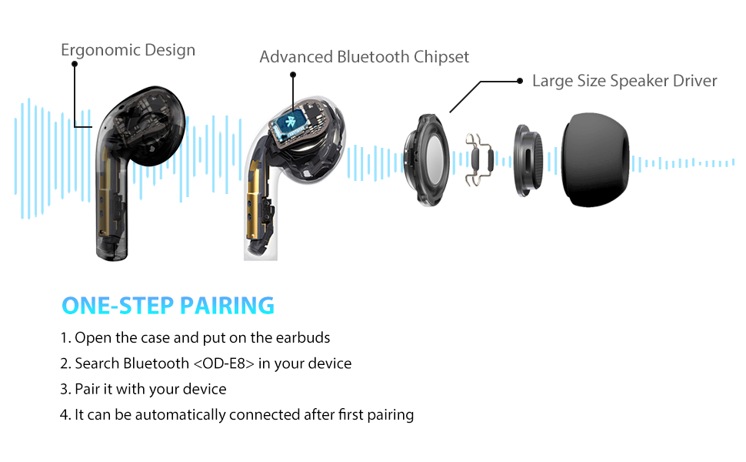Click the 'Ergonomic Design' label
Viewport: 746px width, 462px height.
pos(128,51)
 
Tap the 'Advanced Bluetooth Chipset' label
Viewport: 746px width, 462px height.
pos(364,57)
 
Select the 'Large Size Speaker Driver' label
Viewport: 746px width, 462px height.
pos(624,81)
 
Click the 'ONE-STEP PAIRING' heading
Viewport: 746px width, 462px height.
pos(168,306)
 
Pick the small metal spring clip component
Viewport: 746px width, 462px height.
pos(480,159)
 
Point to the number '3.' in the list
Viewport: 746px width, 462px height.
pos(65,390)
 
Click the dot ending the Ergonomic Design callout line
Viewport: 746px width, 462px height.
pos(75,65)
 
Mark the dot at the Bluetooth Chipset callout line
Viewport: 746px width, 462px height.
pos(292,75)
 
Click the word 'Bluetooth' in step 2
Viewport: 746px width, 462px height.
pos(156,363)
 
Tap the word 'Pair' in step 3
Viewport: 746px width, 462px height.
pos(87,390)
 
